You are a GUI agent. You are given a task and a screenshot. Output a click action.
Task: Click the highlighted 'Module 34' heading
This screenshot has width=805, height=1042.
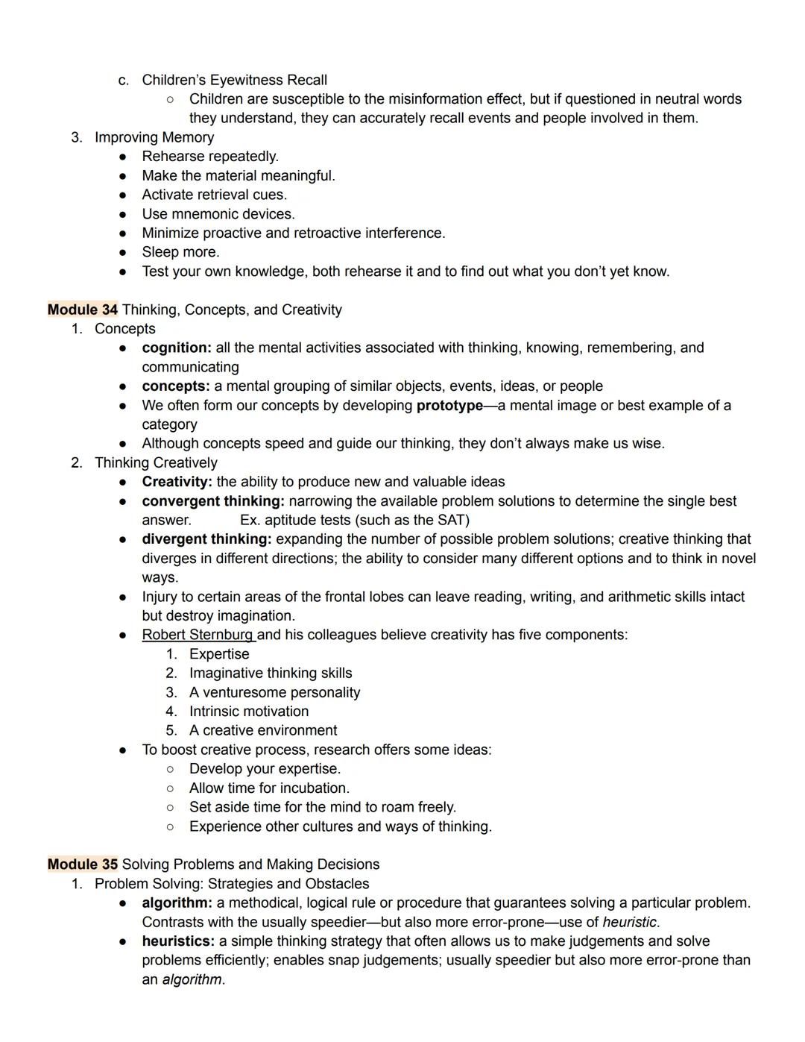click(x=83, y=310)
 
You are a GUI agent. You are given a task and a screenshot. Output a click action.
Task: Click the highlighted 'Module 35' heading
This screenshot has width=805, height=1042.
click(x=83, y=864)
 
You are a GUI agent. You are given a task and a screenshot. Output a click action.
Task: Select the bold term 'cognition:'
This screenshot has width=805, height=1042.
click(x=177, y=348)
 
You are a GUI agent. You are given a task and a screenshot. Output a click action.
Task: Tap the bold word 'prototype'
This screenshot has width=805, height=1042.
click(x=449, y=406)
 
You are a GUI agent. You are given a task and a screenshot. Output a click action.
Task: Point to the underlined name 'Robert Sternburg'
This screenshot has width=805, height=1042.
click(x=198, y=635)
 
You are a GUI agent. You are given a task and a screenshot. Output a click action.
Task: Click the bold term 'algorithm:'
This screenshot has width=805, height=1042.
click(x=177, y=903)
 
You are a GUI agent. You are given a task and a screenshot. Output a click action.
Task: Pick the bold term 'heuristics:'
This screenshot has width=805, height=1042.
click(x=178, y=941)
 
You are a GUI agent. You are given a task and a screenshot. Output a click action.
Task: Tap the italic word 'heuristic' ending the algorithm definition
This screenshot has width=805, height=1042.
click(x=630, y=923)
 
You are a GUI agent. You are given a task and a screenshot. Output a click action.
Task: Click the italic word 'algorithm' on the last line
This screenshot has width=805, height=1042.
click(x=192, y=979)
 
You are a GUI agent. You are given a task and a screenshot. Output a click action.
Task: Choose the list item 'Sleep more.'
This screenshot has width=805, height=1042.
click(x=180, y=252)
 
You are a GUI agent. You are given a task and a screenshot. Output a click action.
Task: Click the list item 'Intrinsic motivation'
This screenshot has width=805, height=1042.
click(x=249, y=712)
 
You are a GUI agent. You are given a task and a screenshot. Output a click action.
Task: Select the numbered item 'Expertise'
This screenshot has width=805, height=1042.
click(x=219, y=654)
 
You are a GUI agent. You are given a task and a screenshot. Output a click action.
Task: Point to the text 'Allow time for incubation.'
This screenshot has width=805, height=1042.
click(x=269, y=788)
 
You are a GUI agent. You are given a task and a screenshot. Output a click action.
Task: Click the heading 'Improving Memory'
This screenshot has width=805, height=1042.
click(x=154, y=137)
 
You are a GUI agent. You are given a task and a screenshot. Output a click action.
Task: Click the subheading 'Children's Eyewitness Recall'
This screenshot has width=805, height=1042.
click(x=234, y=80)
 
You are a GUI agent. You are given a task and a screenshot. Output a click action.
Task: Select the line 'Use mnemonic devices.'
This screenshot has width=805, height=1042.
click(x=218, y=214)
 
